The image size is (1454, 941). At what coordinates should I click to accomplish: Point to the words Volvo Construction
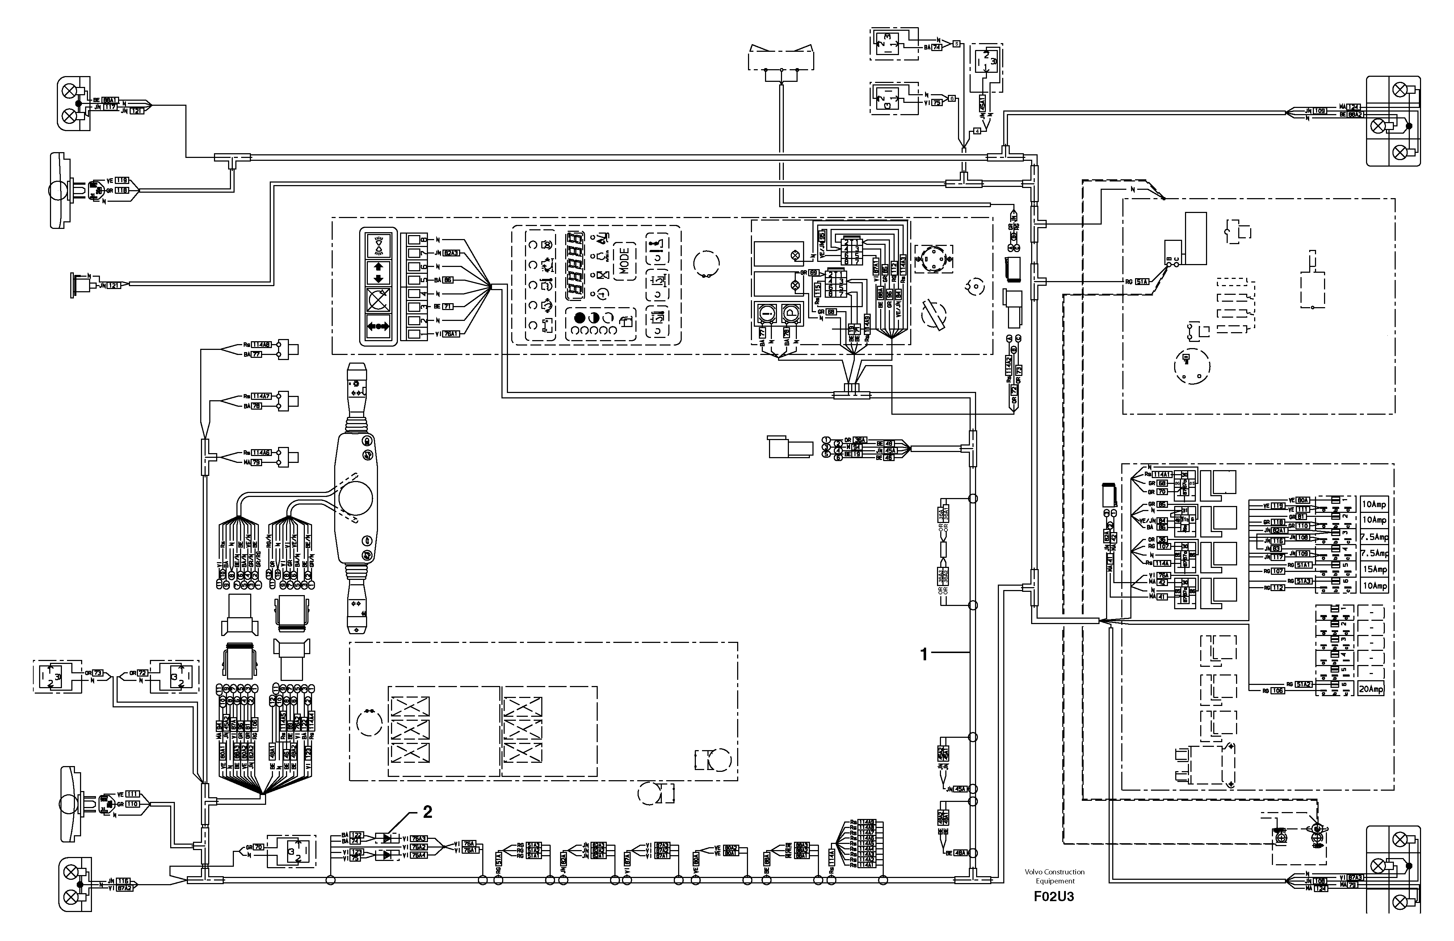tap(1055, 872)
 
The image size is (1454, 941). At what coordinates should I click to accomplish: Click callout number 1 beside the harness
tap(924, 654)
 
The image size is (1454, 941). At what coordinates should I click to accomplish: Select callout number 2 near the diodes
tap(428, 811)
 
